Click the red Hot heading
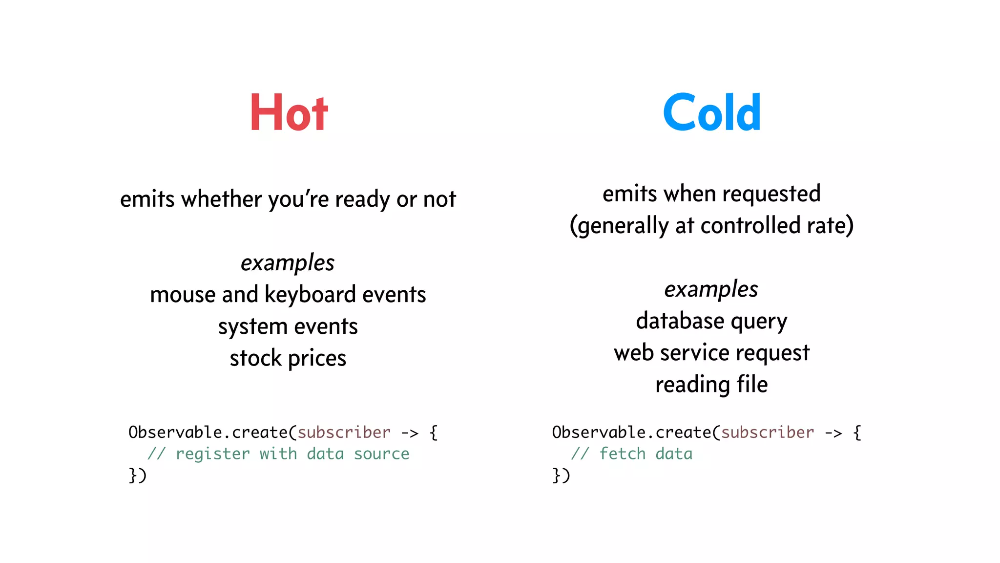point(289,113)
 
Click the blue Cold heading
point(711,113)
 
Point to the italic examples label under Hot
point(288,263)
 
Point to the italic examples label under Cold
point(711,289)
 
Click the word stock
point(256,358)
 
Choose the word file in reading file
point(752,384)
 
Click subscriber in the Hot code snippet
point(344,433)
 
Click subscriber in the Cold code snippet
point(768,433)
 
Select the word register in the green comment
point(213,454)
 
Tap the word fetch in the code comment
point(623,454)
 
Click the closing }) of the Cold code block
point(561,475)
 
